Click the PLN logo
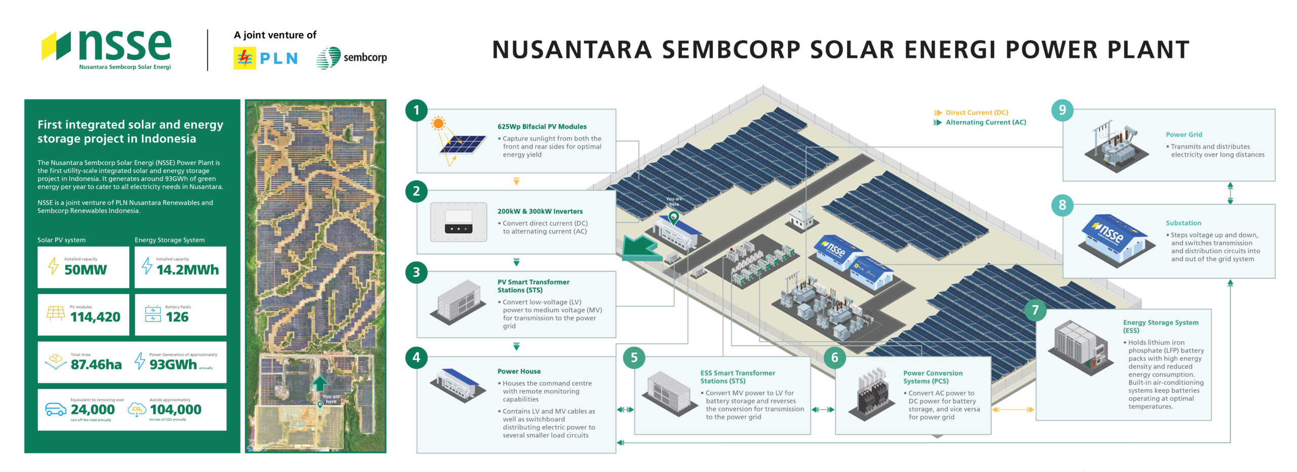(x=265, y=58)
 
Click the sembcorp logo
(x=351, y=58)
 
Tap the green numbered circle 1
(x=416, y=110)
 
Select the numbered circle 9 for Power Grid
(x=1062, y=110)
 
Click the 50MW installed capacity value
(x=86, y=270)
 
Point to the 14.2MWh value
(x=187, y=270)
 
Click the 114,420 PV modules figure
(x=95, y=317)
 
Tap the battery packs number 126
(x=177, y=317)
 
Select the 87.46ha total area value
(x=96, y=365)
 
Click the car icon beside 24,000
(x=55, y=409)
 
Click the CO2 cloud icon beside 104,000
(x=137, y=410)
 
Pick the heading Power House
(x=519, y=371)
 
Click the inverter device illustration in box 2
(x=459, y=222)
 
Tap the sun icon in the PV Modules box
(x=438, y=123)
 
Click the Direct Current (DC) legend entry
(x=976, y=113)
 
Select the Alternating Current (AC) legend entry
(x=985, y=122)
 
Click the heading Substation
(x=1183, y=223)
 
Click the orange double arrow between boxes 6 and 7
(x=1013, y=410)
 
